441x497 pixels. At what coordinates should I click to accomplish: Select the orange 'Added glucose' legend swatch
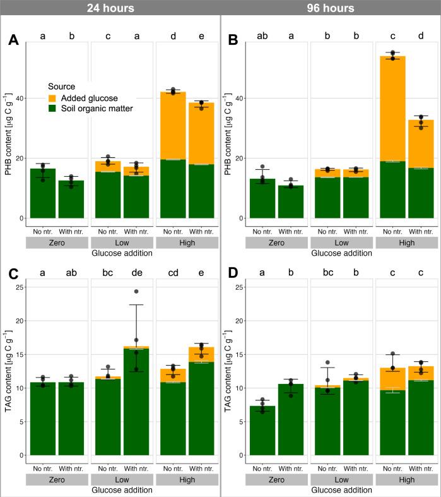[56, 98]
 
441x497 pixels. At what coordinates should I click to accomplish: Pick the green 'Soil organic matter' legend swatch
[56, 109]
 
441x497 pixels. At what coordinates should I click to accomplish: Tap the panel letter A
[13, 42]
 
